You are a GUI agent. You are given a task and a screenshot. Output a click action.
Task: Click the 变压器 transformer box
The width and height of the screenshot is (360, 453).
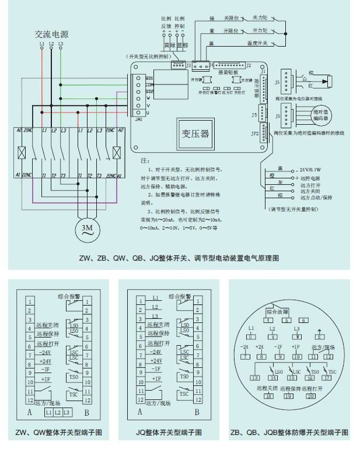pos(197,134)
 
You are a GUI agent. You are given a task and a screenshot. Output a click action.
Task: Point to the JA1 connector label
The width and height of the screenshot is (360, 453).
pos(139,119)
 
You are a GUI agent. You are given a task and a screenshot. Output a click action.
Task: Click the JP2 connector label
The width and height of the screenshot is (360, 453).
pos(254,134)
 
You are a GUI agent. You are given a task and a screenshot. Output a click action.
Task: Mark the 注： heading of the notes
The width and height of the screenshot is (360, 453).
pos(145,160)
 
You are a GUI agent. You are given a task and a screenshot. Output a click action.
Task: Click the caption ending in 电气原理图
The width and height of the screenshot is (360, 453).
pos(179,258)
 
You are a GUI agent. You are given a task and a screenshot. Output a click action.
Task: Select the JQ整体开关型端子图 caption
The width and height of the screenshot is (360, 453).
pos(169,433)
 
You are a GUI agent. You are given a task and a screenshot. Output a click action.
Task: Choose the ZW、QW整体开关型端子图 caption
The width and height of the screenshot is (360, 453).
pos(59,433)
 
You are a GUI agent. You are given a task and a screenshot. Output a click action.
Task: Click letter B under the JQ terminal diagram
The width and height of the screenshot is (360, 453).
pos(197,412)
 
